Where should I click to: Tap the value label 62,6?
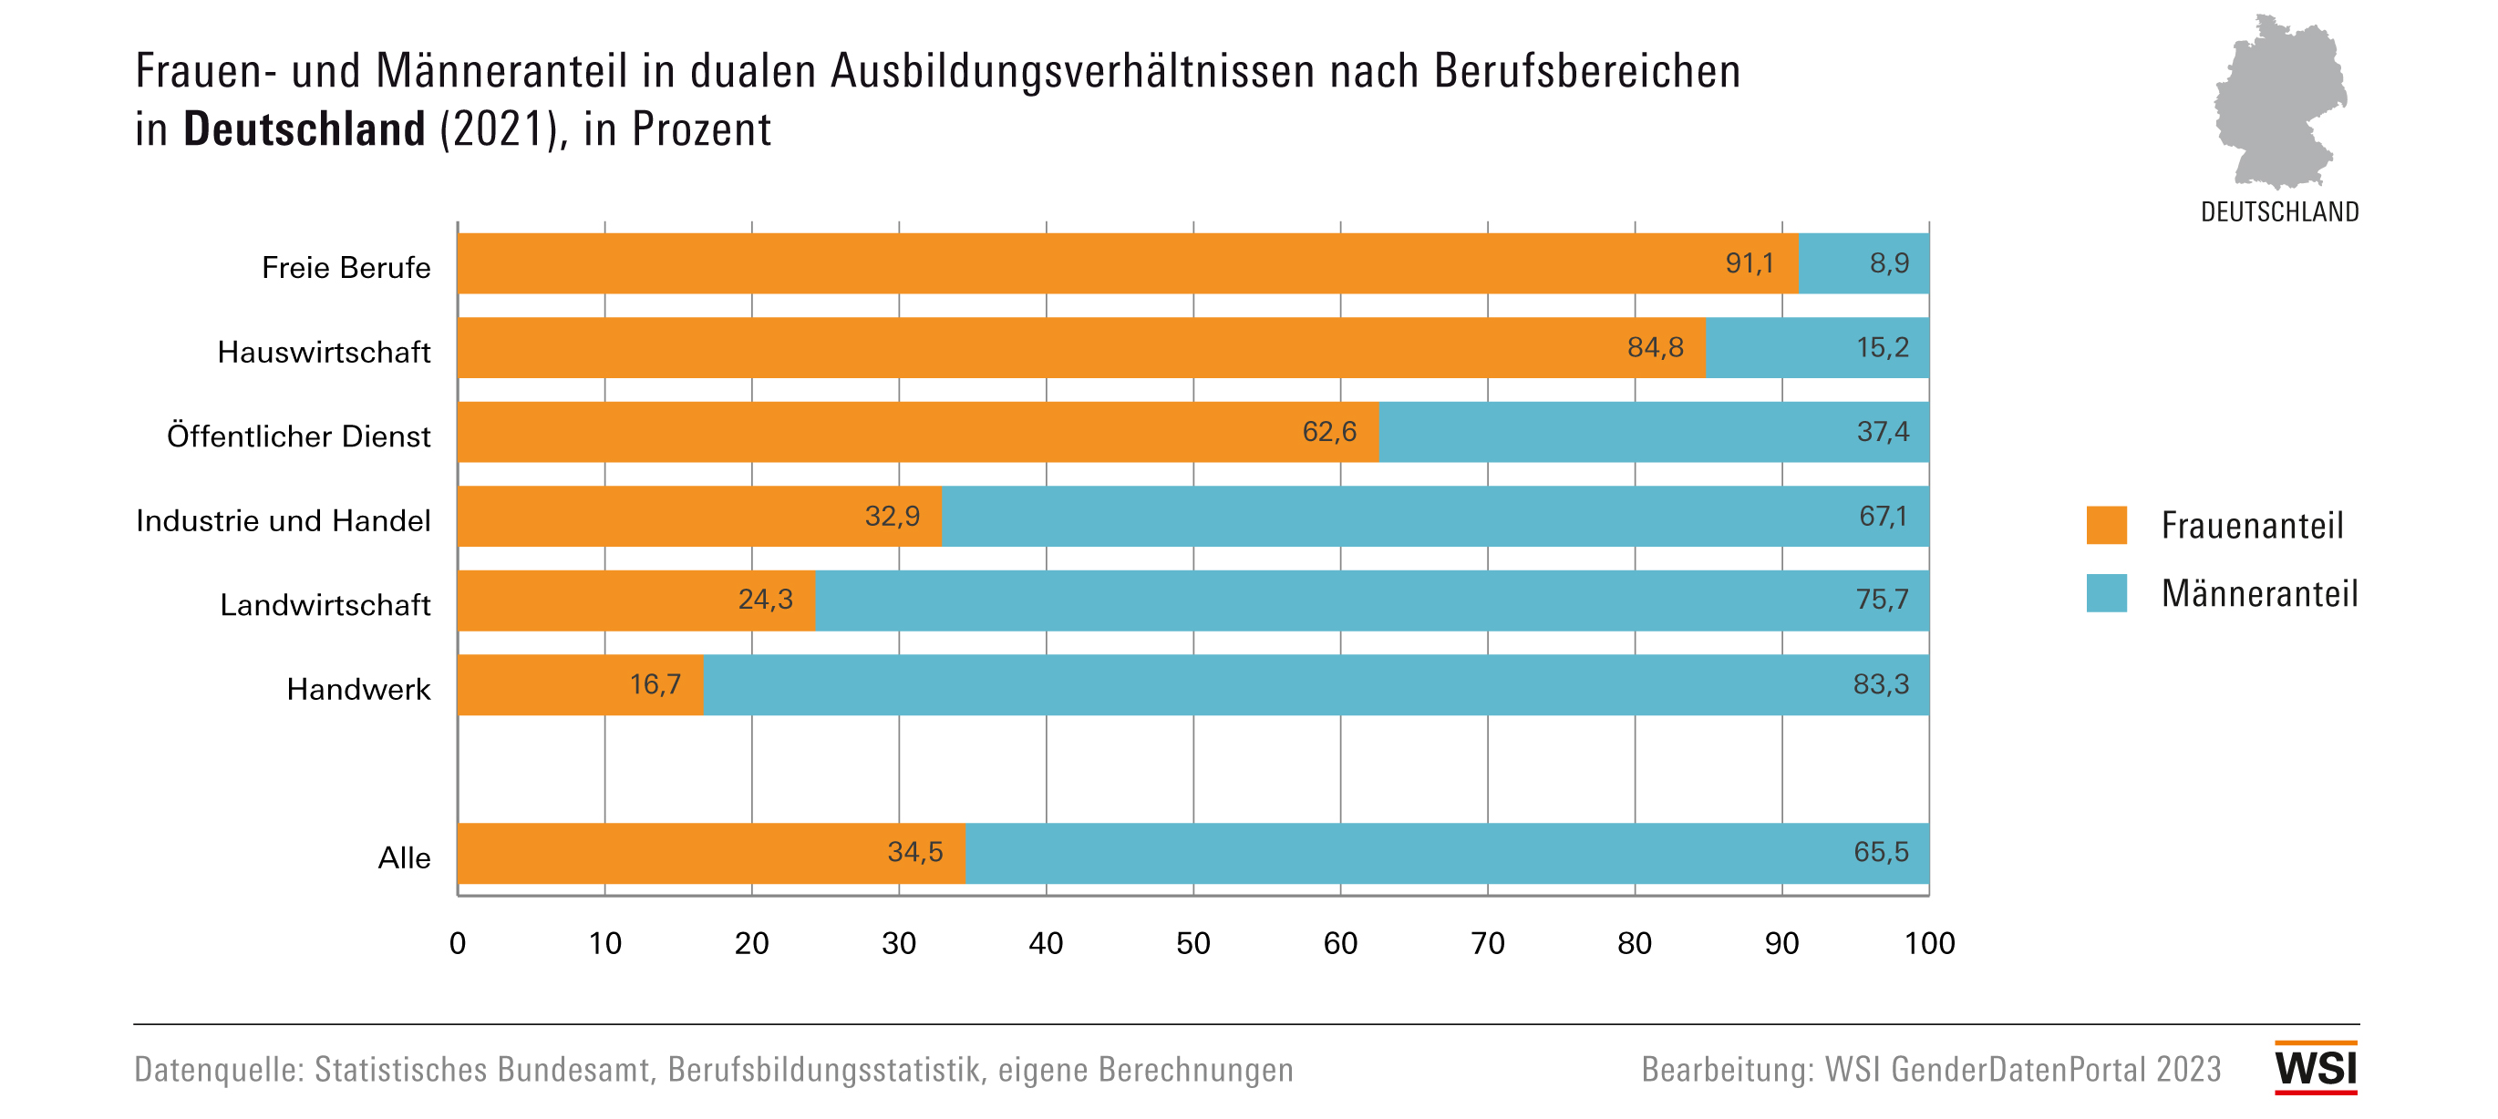[1328, 432]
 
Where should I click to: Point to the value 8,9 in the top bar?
[1889, 262]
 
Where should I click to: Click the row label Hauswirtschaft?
[324, 352]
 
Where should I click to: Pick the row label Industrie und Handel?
[284, 520]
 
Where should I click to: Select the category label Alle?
[405, 858]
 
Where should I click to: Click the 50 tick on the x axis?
[1192, 943]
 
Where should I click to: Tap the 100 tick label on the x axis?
[1929, 943]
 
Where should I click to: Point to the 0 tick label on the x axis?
[458, 943]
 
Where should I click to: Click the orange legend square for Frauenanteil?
[2106, 525]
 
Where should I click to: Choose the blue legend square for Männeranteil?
[2106, 592]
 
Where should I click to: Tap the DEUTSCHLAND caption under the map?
[2279, 211]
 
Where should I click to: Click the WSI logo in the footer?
[2316, 1068]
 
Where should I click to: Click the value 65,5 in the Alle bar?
[1880, 852]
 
